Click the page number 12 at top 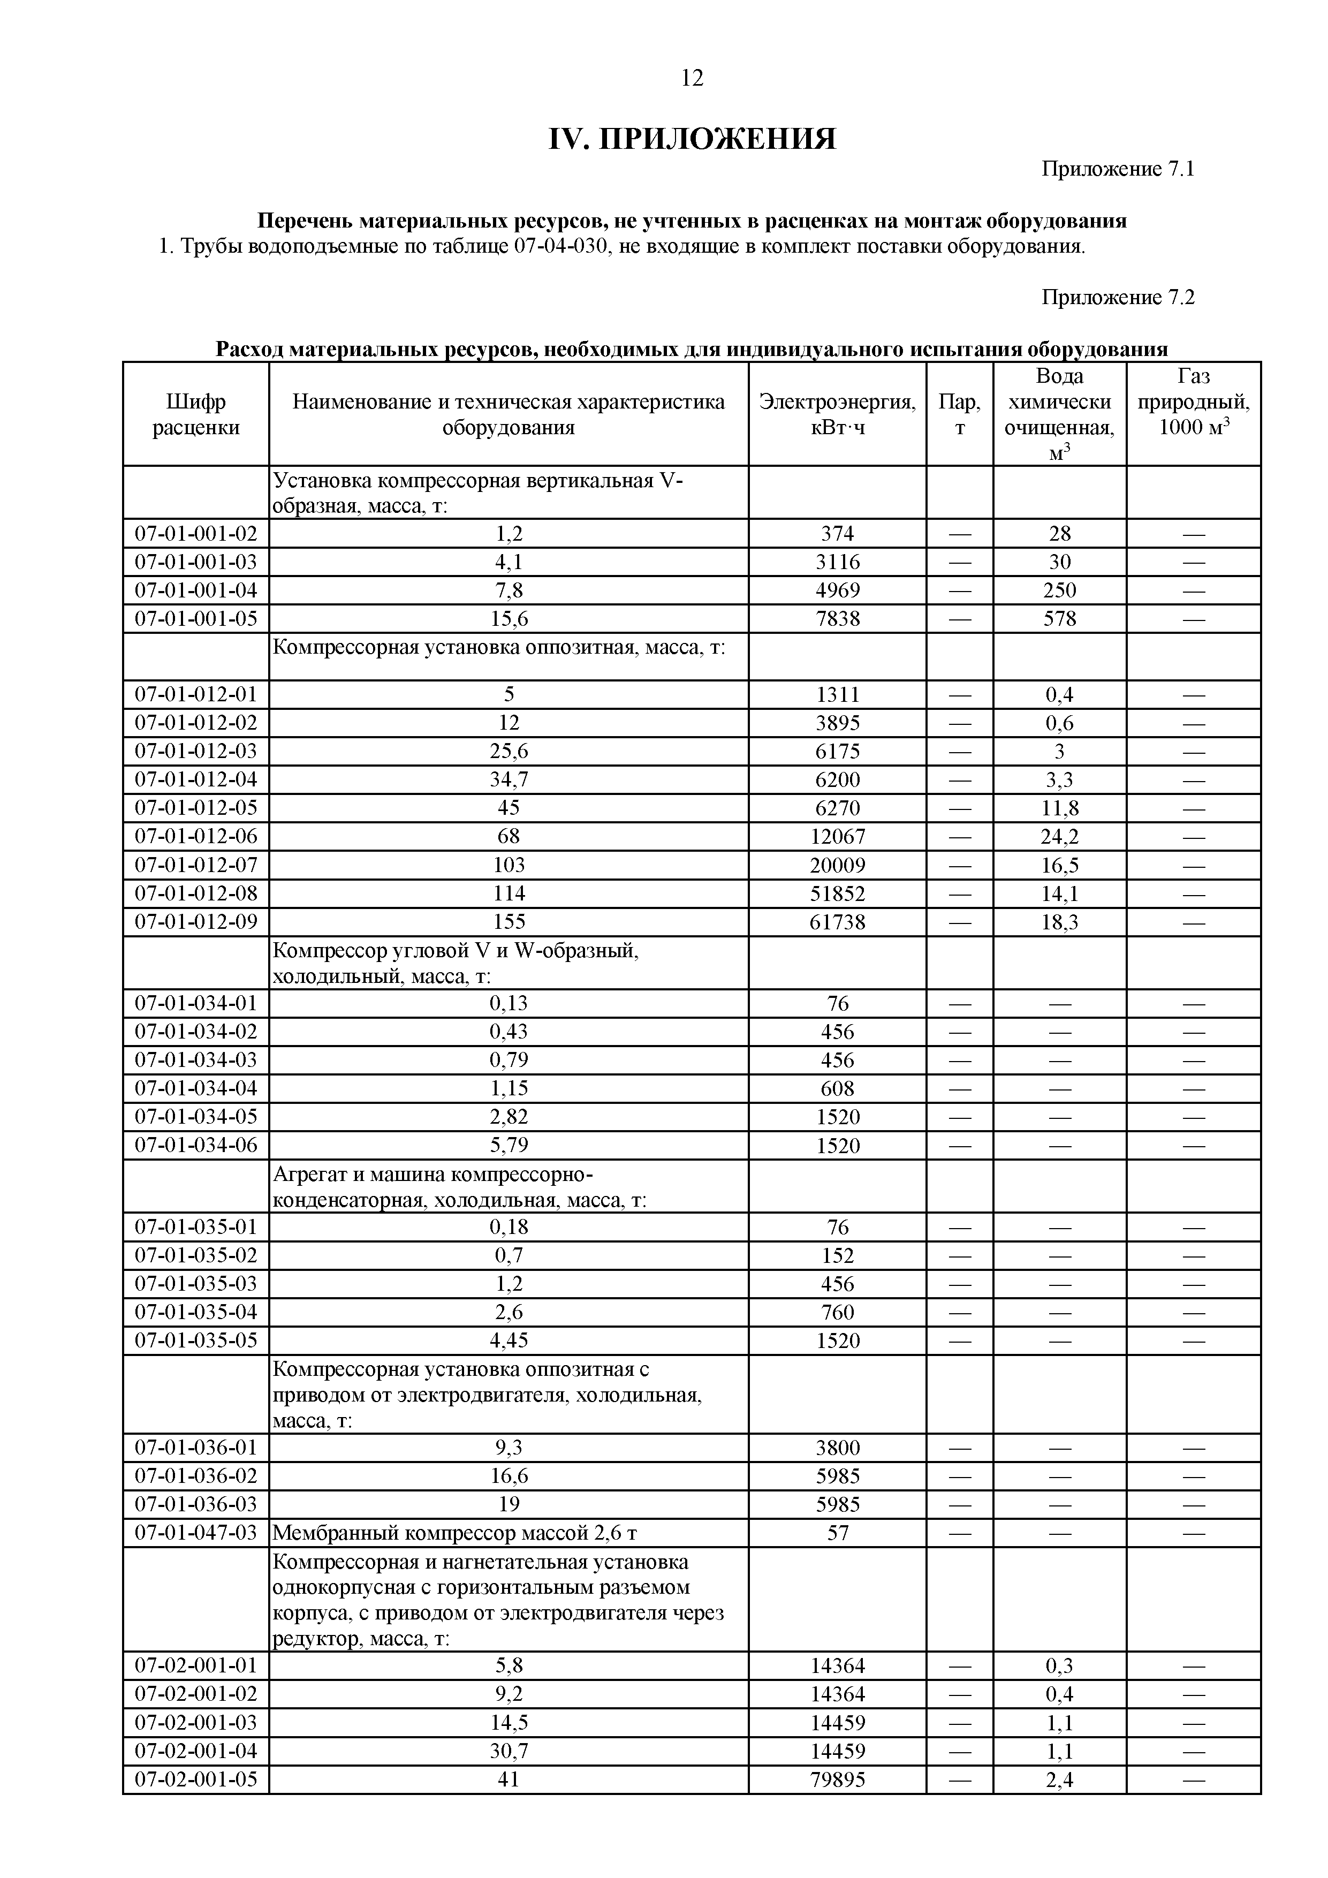(691, 79)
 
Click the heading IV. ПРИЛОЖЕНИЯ (691, 140)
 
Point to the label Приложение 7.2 (1118, 298)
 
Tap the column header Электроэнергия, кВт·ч (837, 415)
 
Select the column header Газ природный (1193, 402)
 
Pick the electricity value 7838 (837, 619)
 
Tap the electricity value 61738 (837, 922)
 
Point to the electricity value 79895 (837, 1780)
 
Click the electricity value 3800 (837, 1448)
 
